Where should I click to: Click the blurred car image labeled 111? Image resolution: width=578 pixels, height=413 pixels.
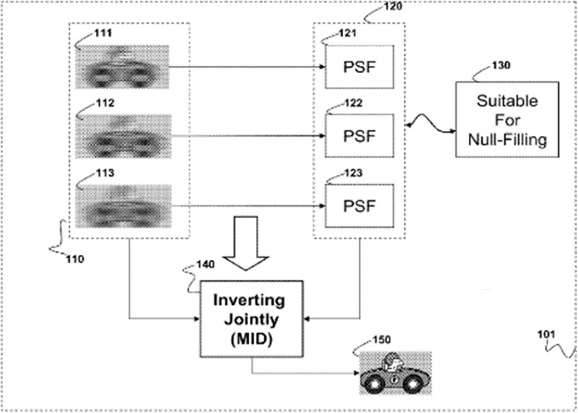coord(124,66)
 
